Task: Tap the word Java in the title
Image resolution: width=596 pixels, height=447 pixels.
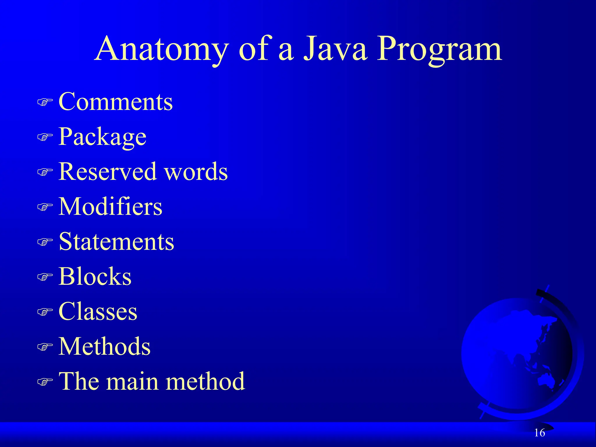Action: point(335,49)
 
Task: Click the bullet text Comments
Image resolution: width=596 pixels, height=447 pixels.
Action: point(116,102)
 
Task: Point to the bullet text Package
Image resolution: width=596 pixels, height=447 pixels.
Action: point(102,137)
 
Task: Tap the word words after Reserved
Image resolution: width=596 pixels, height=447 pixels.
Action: point(196,171)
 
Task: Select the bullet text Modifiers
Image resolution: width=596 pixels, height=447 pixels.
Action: point(110,206)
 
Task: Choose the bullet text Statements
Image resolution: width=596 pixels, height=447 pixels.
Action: point(116,241)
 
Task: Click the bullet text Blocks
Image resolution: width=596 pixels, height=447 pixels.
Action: point(95,276)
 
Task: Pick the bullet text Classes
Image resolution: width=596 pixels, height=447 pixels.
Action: point(98,311)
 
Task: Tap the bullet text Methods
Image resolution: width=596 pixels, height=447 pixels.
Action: point(104,346)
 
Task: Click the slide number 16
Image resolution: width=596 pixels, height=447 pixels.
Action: point(540,433)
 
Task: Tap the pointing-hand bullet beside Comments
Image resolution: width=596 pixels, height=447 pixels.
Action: point(45,102)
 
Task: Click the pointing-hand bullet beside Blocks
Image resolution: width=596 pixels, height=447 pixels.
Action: point(45,277)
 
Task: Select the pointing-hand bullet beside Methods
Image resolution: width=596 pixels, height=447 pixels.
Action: point(45,347)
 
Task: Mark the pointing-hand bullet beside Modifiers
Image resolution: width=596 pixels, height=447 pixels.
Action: point(45,207)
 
